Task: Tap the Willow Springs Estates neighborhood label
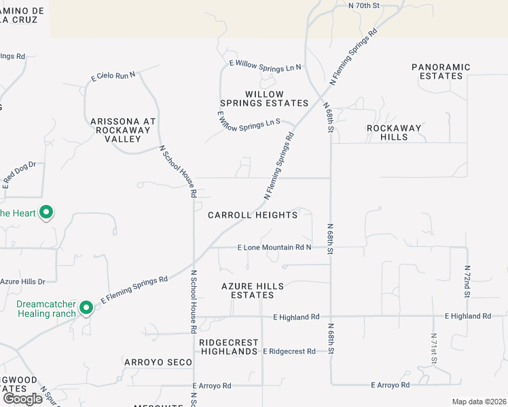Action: [x=267, y=98]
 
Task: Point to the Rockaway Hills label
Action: [x=394, y=132]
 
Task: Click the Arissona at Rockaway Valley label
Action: [x=123, y=130]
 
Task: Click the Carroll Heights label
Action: [x=253, y=215]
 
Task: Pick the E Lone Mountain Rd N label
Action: [x=274, y=248]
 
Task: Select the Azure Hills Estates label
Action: [x=253, y=290]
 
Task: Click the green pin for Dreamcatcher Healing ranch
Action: [x=86, y=308]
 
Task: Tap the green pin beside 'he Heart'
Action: [x=46, y=213]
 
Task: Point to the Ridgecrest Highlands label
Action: [x=228, y=347]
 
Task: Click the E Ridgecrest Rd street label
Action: [x=289, y=351]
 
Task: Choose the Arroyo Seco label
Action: [x=158, y=362]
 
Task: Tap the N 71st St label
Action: [x=433, y=349]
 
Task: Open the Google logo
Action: [x=22, y=398]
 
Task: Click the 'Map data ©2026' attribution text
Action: [x=479, y=402]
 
